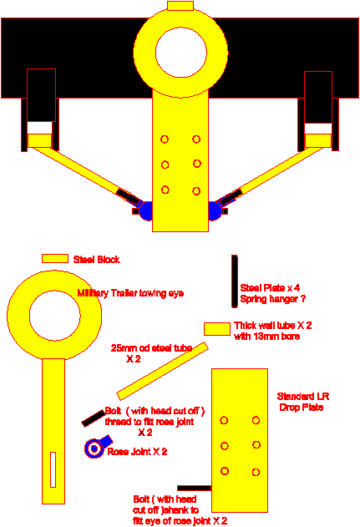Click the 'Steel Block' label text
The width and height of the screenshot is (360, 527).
[96, 260]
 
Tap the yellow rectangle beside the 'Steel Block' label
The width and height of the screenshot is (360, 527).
[55, 258]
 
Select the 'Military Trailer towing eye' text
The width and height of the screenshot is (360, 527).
[130, 293]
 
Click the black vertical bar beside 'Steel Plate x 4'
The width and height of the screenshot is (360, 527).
[234, 281]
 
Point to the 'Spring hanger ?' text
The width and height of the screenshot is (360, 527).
[273, 299]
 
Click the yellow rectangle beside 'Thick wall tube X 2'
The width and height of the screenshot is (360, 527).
[217, 329]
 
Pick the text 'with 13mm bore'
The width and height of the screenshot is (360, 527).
[267, 337]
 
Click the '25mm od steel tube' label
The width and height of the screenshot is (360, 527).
[151, 348]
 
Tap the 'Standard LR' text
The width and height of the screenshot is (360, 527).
[303, 396]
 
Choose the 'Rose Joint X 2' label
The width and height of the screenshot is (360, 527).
[137, 452]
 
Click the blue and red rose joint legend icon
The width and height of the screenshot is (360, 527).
[98, 446]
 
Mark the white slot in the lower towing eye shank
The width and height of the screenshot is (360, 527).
[53, 469]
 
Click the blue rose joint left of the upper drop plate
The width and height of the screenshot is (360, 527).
[145, 211]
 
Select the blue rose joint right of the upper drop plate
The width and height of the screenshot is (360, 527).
[215, 211]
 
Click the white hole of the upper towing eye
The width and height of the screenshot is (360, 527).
[181, 53]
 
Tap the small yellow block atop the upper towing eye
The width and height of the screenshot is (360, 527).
[180, 6]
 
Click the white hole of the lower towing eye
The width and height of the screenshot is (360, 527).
[55, 315]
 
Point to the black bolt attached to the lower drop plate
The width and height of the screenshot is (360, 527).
[195, 488]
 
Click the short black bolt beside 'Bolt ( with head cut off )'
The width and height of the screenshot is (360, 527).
[94, 418]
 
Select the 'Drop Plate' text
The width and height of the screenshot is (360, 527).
[302, 408]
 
